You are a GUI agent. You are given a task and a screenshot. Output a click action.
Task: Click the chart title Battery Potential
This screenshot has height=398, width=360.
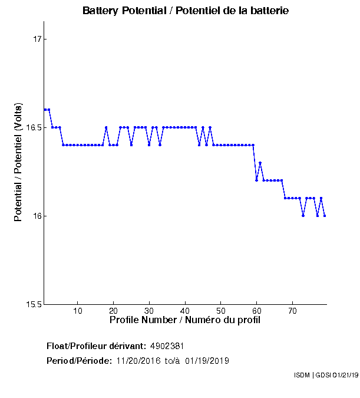pos(186,11)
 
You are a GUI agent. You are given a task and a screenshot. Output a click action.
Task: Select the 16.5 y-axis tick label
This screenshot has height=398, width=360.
pos(34,127)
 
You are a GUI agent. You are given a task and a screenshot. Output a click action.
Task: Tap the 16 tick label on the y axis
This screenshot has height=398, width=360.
pos(37,216)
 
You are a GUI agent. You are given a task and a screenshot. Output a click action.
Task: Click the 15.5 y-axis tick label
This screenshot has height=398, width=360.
pos(34,304)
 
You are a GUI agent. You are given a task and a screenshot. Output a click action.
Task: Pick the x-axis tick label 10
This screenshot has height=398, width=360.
pos(77,311)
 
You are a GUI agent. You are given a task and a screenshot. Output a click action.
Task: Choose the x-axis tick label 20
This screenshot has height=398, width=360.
pos(113,311)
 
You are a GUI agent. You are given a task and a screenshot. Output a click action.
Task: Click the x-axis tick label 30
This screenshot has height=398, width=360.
pos(149,311)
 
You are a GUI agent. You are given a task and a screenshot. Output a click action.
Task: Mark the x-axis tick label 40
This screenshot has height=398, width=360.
pos(185,311)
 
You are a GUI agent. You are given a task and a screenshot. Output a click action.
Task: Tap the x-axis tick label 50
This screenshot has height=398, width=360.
pos(220,311)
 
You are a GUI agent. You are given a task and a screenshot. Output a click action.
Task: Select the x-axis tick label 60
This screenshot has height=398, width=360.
pos(256,311)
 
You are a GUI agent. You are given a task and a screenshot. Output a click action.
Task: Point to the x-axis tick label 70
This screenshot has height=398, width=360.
pos(292,311)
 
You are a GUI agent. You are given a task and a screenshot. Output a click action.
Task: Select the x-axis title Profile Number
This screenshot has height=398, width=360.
pos(184,320)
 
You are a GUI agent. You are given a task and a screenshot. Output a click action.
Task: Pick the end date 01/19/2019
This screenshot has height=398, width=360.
pos(207,361)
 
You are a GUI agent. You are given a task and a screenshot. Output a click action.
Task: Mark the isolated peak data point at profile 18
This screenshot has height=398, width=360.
pos(106,127)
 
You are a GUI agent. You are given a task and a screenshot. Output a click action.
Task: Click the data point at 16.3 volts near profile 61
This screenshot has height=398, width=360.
pos(260,163)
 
